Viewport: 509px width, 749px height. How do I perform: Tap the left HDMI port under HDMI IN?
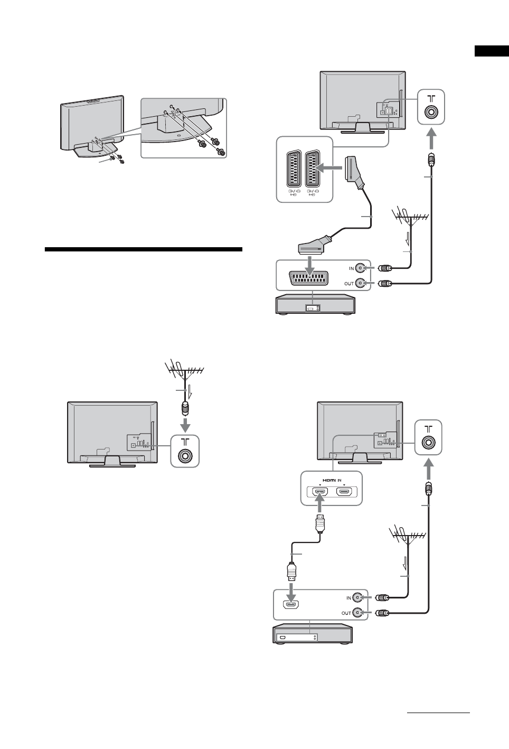[320, 492]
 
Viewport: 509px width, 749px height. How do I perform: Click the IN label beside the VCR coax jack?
[351, 268]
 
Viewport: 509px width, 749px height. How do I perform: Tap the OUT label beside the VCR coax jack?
[349, 284]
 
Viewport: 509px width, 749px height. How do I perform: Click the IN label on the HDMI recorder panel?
[348, 598]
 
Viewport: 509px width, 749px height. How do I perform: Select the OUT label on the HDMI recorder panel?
[346, 613]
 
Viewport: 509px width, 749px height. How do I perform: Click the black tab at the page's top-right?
[491, 51]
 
